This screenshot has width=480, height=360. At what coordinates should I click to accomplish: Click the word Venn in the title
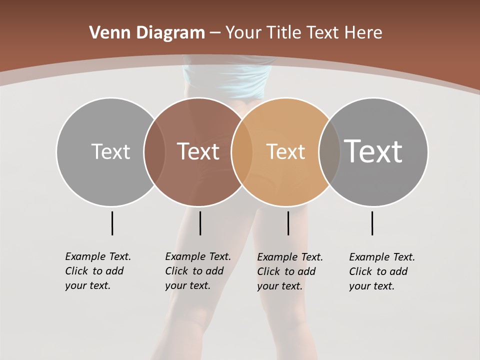105,32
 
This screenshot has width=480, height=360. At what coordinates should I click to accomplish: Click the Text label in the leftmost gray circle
110,151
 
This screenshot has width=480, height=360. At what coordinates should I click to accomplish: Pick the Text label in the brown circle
198,151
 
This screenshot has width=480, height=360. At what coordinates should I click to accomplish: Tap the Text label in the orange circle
285,151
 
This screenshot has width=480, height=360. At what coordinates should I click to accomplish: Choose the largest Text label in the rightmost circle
373,151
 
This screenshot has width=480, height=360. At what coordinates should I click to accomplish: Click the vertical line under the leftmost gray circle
112,223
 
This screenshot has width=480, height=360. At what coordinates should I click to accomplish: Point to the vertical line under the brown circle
200,223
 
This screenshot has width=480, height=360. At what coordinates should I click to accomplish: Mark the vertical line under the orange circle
288,223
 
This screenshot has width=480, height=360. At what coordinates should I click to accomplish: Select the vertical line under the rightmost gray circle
372,223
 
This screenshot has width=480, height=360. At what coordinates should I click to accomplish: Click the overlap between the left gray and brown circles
154,152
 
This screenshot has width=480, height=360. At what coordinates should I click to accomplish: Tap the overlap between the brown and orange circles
242,152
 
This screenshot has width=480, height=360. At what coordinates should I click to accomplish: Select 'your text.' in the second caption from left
187,285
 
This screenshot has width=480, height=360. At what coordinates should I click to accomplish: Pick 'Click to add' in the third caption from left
286,271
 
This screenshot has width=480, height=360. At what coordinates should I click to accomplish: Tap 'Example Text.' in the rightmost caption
382,257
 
